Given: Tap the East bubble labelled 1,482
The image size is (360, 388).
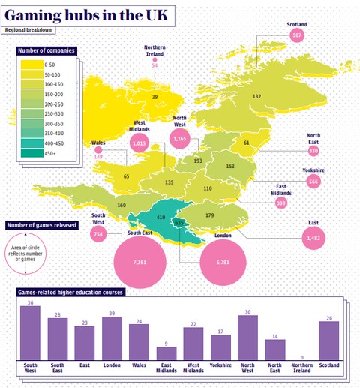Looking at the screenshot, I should (313, 238).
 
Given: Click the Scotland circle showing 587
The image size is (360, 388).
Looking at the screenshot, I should (297, 35).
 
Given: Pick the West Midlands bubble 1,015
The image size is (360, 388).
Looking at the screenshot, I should (139, 141).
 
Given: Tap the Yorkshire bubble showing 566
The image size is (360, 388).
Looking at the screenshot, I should (313, 182).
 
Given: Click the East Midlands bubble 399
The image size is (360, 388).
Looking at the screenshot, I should (281, 203).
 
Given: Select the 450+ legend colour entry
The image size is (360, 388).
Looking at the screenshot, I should (34, 152).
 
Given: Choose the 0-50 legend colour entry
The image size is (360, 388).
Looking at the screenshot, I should (34, 67).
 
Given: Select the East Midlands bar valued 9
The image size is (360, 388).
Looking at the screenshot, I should (166, 353).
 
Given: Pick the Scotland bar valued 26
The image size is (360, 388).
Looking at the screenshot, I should (328, 341).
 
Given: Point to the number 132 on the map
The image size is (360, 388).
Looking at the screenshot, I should (257, 96).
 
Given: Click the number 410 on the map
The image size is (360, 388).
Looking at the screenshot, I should (160, 218).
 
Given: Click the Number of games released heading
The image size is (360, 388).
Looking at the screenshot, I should (43, 225).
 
